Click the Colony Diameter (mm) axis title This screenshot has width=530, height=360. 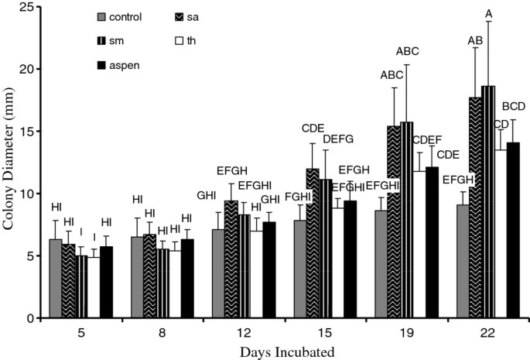pos(10,163)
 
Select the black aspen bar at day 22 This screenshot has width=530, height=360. pos(511,230)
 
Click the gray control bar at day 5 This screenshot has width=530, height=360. pos(55,279)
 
